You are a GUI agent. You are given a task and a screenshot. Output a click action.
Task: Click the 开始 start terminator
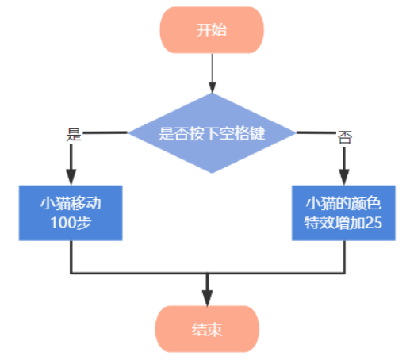pyautogui.click(x=212, y=30)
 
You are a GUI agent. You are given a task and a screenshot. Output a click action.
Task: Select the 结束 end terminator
pyautogui.click(x=207, y=329)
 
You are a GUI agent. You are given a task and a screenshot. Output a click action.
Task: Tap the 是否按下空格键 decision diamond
pyautogui.click(x=212, y=133)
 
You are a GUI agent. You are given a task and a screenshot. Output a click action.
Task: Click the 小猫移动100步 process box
pyautogui.click(x=71, y=213)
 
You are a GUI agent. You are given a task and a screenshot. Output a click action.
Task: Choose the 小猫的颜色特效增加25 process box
pyautogui.click(x=343, y=213)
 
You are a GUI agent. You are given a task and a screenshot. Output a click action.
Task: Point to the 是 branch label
pyautogui.click(x=74, y=135)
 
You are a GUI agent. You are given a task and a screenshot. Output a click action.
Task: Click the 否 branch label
pyautogui.click(x=345, y=137)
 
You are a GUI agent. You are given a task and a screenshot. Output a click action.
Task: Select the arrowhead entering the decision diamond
pyautogui.click(x=213, y=88)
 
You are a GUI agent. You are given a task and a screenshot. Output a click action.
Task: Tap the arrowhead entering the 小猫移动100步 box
pyautogui.click(x=71, y=177)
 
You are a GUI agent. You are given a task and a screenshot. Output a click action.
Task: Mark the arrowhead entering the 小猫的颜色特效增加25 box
pyautogui.click(x=344, y=177)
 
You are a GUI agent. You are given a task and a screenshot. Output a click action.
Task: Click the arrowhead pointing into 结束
pyautogui.click(x=207, y=298)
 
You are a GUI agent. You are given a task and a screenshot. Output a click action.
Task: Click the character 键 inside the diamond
pyautogui.click(x=257, y=133)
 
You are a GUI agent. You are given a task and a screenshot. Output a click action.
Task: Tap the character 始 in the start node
pyautogui.click(x=219, y=30)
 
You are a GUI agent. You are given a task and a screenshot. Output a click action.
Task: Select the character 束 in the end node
pyautogui.click(x=214, y=330)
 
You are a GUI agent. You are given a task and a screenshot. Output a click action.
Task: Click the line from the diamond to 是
pyautogui.click(x=105, y=132)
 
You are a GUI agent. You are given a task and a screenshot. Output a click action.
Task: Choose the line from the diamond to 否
pyautogui.click(x=316, y=132)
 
